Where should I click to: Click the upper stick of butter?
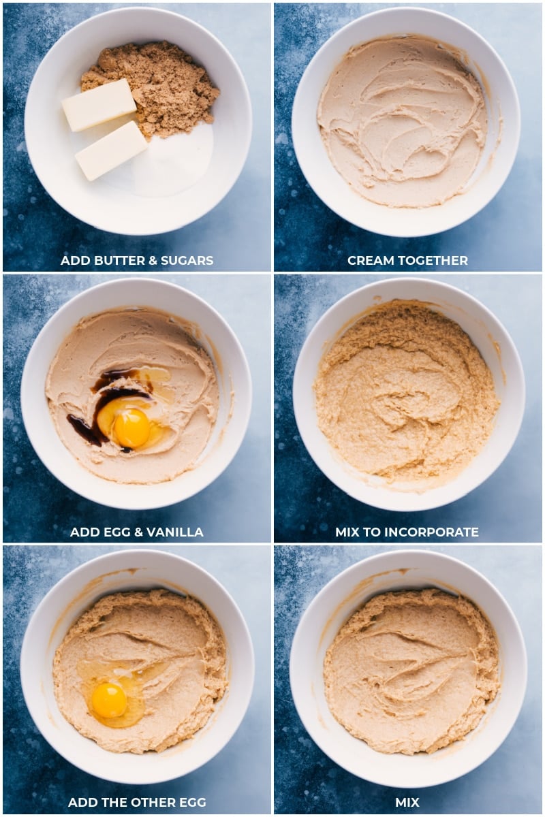pyautogui.click(x=99, y=105)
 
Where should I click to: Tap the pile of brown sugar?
pyautogui.click(x=163, y=85)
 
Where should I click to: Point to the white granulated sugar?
pyautogui.click(x=174, y=163)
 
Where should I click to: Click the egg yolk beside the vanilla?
pyautogui.click(x=131, y=428)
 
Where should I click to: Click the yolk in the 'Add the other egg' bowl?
pyautogui.click(x=109, y=700)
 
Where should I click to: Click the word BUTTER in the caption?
pyautogui.click(x=120, y=260)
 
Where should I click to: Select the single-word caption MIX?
pyautogui.click(x=407, y=802)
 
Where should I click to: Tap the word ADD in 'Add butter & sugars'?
pyautogui.click(x=74, y=260)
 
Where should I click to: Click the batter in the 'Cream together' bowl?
pyautogui.click(x=402, y=123)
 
